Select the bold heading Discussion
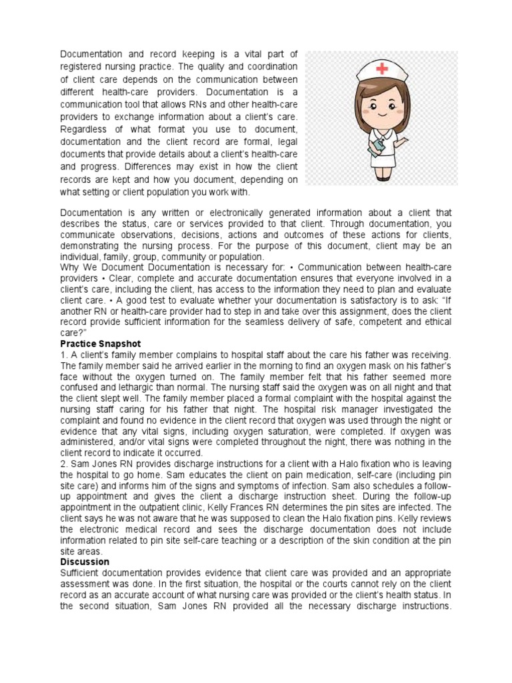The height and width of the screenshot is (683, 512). pyautogui.click(x=85, y=562)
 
